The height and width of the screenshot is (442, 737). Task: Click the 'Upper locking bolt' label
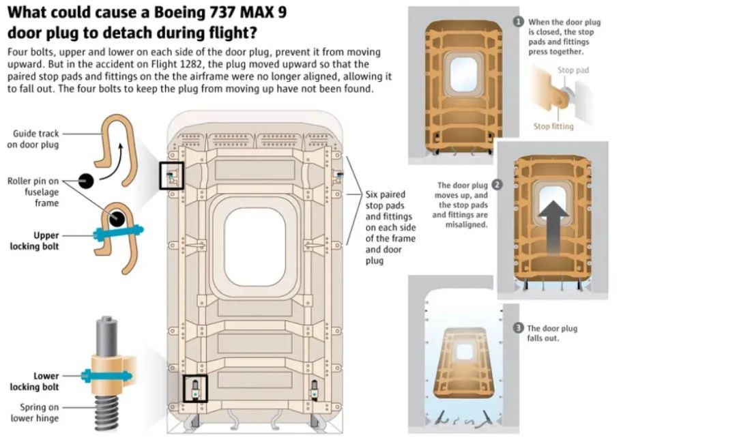pos(35,241)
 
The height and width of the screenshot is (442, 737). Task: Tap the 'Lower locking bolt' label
pos(35,381)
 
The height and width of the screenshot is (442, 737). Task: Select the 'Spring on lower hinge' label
pos(35,413)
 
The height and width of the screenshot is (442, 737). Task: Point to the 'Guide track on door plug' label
pos(33,139)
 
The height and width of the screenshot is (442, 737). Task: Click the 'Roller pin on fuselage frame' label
pos(33,192)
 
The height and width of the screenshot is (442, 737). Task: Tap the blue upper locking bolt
pos(118,231)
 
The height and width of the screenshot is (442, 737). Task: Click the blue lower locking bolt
pos(106,376)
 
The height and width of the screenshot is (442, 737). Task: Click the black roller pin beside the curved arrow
pos(85,181)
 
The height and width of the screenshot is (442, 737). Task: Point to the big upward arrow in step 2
pos(553,228)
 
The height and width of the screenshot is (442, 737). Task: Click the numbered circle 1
pos(519,22)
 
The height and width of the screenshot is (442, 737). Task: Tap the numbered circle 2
pos(497,185)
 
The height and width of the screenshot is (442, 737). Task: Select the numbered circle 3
pos(518,328)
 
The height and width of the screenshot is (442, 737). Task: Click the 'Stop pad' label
pos(573,70)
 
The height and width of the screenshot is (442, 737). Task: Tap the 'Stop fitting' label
pos(553,126)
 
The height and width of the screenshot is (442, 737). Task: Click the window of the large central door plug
pos(255,248)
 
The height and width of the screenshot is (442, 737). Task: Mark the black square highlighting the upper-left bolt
pos(171,176)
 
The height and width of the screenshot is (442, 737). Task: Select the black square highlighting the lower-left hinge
pos(195,388)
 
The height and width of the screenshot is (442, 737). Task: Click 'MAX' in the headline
pos(256,12)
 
